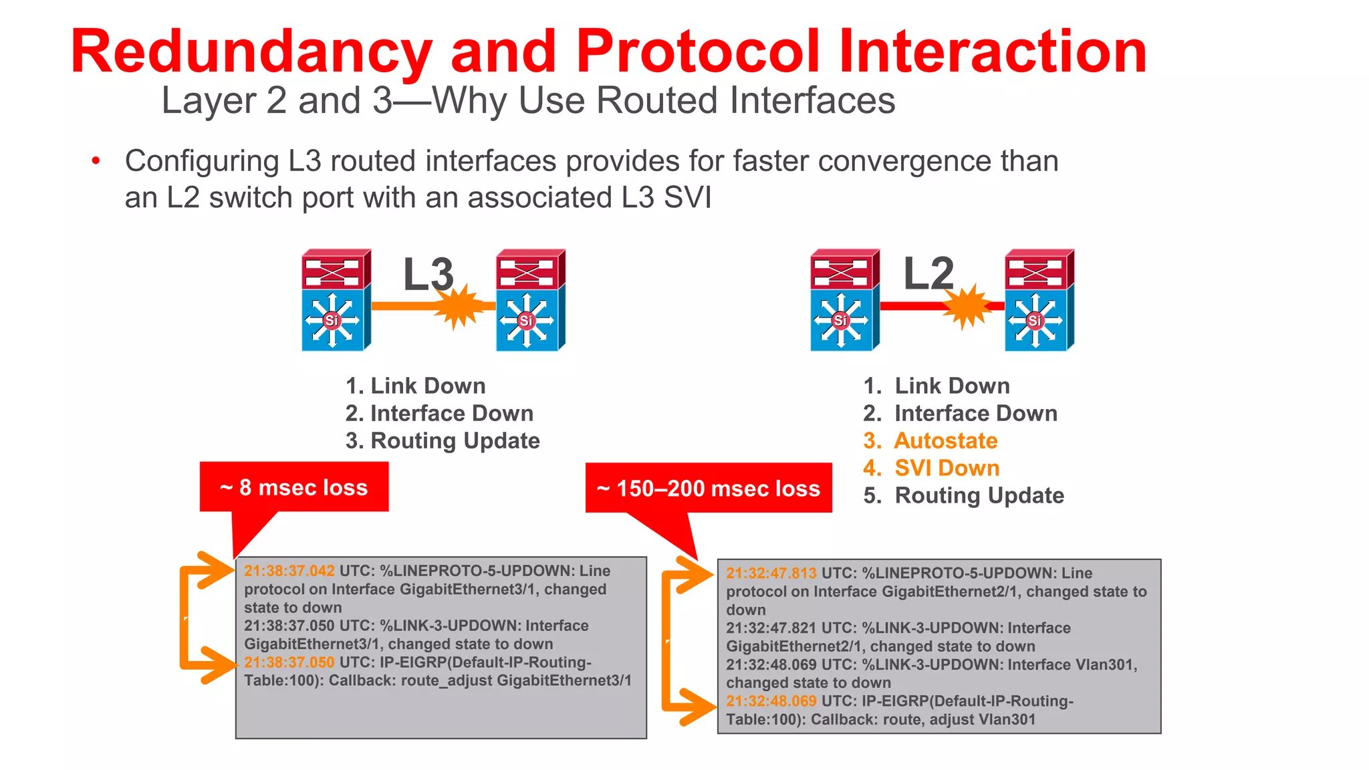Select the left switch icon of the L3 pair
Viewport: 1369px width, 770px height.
[x=334, y=301]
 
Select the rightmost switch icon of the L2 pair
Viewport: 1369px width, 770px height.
[x=1038, y=301]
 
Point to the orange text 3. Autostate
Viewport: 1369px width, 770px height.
[x=930, y=440]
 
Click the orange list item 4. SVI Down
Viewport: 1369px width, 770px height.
[x=931, y=468]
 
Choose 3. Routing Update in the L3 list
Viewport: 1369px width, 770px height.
[x=442, y=440]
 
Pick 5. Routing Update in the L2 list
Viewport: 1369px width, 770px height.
[x=963, y=495]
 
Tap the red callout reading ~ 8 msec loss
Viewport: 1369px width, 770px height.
[x=294, y=487]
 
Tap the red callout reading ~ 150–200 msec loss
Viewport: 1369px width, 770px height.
[x=709, y=488]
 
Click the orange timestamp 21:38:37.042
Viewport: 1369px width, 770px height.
[x=289, y=571]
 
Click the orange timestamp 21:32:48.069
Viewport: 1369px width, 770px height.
[x=771, y=701]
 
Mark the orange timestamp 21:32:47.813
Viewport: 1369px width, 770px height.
[x=771, y=573]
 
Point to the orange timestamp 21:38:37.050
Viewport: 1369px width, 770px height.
[x=289, y=662]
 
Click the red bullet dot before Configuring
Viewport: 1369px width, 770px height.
[x=96, y=160]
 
